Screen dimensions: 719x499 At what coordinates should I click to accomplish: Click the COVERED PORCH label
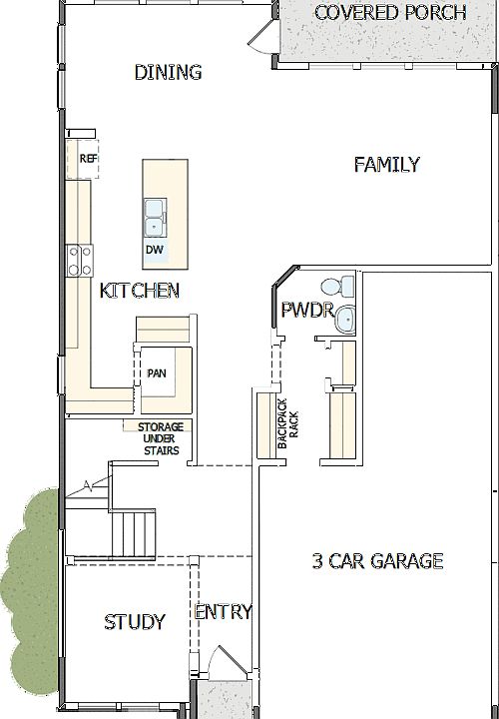coord(390,13)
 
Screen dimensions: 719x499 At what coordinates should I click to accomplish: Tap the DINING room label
coord(168,72)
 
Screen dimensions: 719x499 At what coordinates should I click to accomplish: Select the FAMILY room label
coord(386,165)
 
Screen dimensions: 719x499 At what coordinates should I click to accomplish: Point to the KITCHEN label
coord(140,292)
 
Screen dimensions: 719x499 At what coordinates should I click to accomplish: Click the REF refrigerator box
coord(88,159)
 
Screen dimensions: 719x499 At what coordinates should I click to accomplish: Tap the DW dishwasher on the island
coord(155,250)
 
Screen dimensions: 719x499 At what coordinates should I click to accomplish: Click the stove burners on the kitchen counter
coord(78,260)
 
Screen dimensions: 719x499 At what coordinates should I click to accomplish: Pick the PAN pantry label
coord(157,373)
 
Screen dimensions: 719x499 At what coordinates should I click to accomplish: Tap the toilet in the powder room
coord(345,288)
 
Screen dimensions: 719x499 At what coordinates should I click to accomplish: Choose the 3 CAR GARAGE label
coord(377,561)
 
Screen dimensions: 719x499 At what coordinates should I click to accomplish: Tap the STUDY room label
coord(135,622)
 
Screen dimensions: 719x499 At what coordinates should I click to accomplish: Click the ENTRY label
coord(223,612)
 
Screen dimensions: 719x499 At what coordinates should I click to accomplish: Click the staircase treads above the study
coord(132,534)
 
